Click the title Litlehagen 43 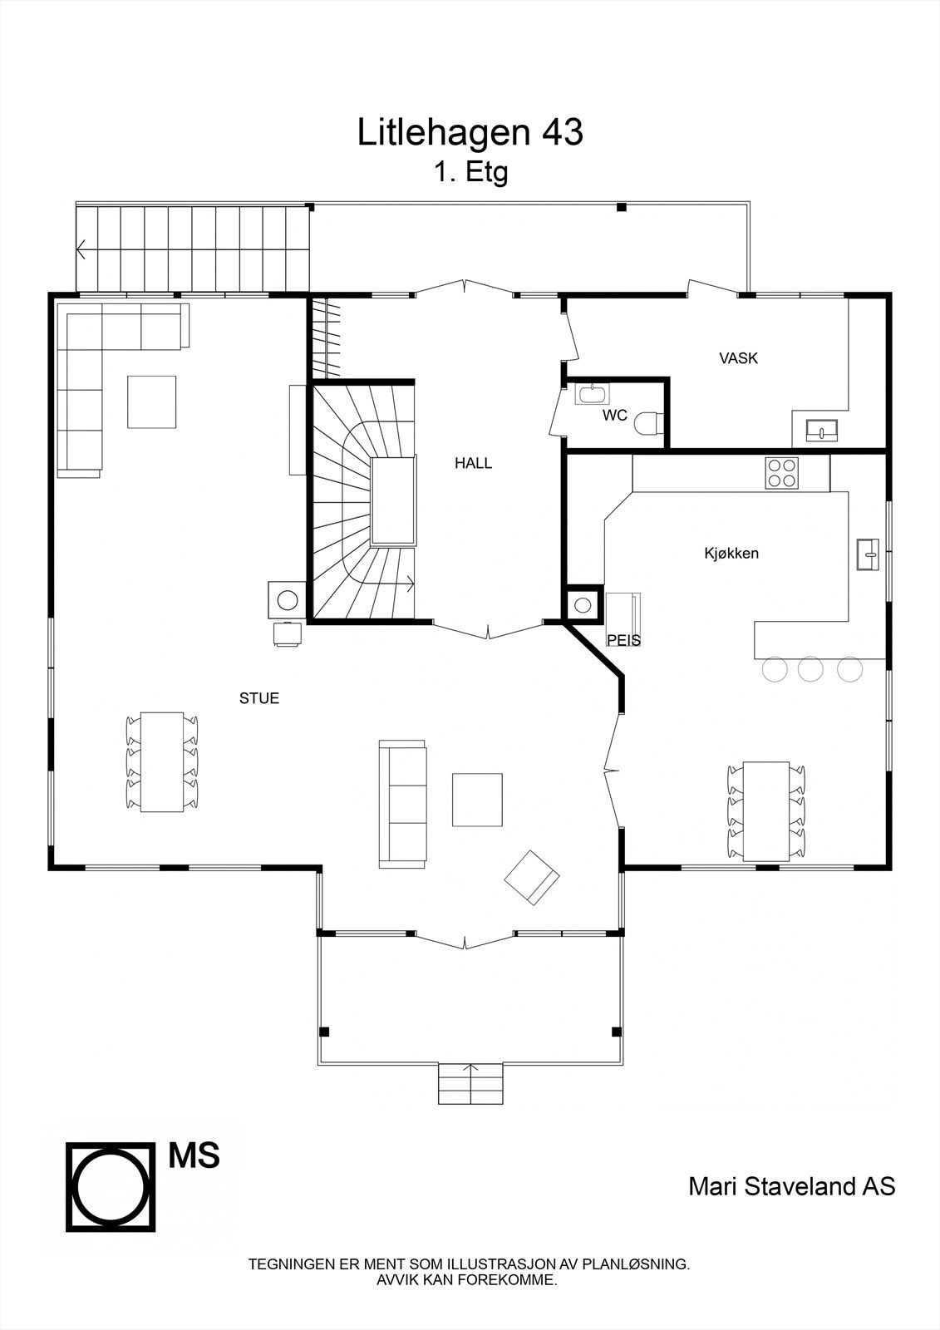(470, 132)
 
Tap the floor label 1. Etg (470, 172)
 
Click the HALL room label (473, 464)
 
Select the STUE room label (259, 698)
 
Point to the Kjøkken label (731, 554)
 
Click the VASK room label (738, 359)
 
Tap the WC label (615, 416)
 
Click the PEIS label (623, 641)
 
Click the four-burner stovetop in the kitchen (781, 474)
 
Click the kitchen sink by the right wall (868, 554)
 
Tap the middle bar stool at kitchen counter (810, 668)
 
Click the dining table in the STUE (162, 761)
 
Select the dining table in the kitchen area (765, 810)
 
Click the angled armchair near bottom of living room (530, 878)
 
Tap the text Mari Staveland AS (791, 1186)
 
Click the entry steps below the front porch (470, 1083)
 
